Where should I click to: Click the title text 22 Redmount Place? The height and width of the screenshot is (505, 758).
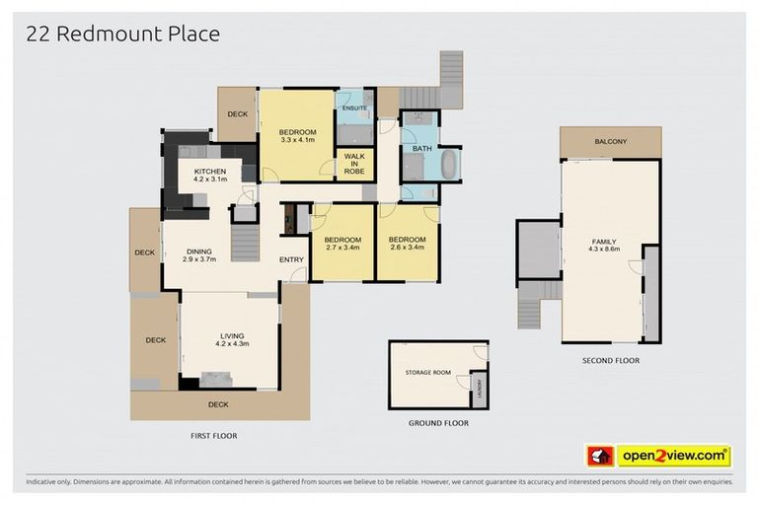123,35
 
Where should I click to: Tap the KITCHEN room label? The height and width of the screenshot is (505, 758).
210,176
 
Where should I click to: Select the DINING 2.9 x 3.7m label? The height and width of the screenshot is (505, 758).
200,255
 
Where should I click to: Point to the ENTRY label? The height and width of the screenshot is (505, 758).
291,259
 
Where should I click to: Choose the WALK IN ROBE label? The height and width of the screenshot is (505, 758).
353,164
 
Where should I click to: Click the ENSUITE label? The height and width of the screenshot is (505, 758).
354,108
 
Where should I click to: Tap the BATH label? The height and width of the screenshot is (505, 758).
422,149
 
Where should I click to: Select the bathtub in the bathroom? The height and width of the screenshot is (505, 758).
449,165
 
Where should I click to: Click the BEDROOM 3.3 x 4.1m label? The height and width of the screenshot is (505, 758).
297,136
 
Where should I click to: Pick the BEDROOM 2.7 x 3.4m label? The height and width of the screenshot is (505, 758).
342,244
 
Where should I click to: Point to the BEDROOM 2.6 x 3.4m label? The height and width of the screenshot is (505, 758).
407,244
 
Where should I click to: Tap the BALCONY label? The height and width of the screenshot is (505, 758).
610,142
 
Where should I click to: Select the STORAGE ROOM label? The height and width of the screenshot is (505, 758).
427,373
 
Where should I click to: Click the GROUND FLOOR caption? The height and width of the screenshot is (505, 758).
438,422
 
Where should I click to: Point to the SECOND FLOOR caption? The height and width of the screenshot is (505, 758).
611,361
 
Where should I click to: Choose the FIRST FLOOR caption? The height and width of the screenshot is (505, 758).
213,435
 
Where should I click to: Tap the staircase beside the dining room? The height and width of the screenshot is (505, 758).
245,241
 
